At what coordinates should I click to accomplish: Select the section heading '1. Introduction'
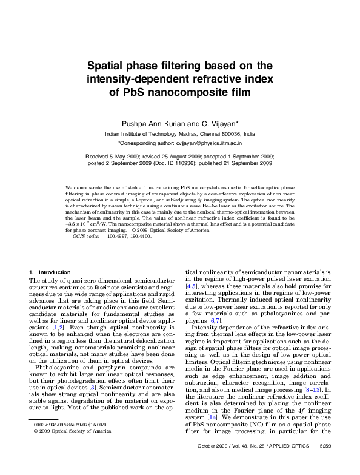[50, 272]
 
